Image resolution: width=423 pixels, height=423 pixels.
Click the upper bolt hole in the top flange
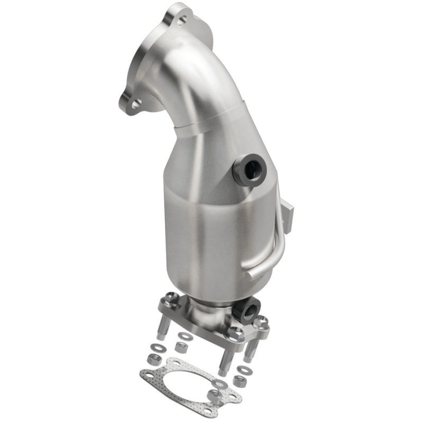[x=182, y=21]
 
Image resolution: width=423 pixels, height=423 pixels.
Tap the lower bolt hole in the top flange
[x=135, y=104]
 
